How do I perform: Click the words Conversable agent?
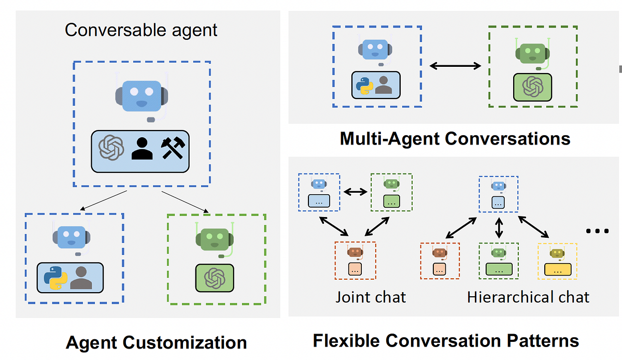[x=141, y=30]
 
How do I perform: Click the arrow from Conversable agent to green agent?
[x=185, y=202]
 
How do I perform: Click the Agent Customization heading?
[x=156, y=342]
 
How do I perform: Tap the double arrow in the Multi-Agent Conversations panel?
[x=456, y=65]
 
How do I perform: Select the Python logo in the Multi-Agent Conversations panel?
[x=365, y=84]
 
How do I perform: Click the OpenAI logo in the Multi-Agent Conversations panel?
[x=532, y=87]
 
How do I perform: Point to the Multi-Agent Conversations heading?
[x=455, y=139]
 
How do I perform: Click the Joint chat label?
[x=371, y=297]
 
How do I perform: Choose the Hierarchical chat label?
[x=528, y=297]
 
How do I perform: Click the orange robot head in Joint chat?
[x=355, y=252]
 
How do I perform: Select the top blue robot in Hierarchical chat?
[x=499, y=186]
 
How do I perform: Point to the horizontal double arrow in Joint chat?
[x=355, y=192]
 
